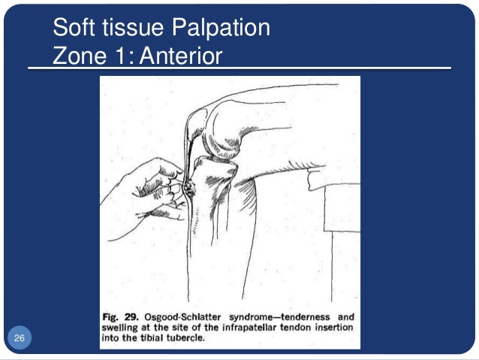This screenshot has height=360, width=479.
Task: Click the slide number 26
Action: pos(19,340)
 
